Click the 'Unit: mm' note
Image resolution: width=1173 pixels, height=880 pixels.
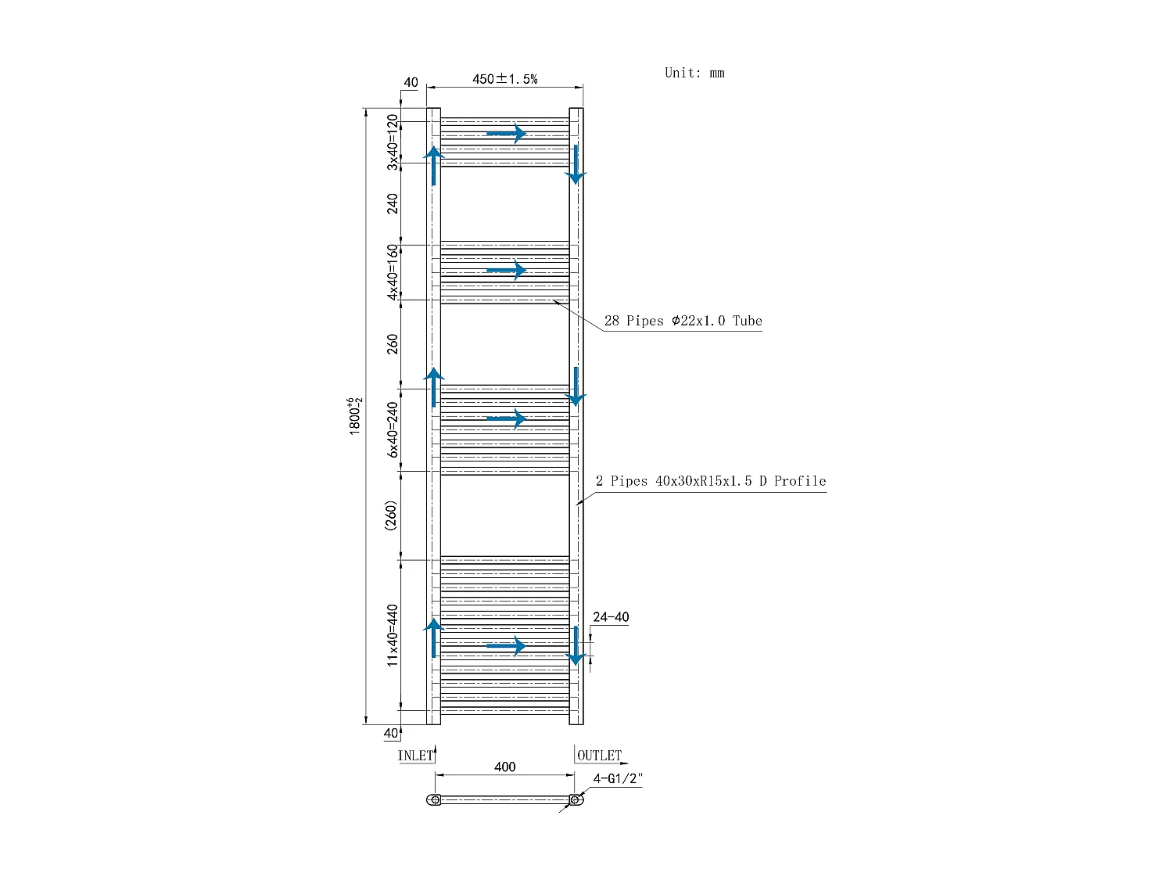tap(694, 73)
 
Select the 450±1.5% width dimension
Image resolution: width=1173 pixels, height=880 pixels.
tap(504, 79)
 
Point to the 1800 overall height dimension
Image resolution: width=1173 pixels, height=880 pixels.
tap(356, 416)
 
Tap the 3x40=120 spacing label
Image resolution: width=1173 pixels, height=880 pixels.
tap(393, 142)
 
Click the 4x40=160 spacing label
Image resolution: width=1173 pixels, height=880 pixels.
tap(393, 271)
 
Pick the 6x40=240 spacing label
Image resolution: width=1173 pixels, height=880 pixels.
tap(393, 430)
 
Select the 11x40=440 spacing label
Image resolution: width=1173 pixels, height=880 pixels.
tap(393, 634)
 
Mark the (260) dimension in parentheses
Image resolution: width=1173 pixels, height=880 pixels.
tap(391, 516)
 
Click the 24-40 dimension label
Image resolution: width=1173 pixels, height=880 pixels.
tap(611, 617)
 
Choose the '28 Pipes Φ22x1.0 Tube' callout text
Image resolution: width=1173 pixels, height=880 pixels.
tap(683, 321)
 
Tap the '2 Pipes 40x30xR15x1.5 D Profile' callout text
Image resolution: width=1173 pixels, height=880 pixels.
tap(710, 481)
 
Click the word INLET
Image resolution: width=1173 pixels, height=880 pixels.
tap(415, 756)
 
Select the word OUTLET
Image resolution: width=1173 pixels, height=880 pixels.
tap(599, 756)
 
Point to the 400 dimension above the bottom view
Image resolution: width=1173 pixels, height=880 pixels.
tap(505, 767)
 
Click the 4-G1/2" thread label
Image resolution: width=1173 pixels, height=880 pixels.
tap(618, 779)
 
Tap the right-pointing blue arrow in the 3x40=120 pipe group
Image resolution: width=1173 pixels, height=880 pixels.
tap(506, 134)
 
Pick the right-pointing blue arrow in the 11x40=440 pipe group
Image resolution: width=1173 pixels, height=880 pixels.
tap(506, 646)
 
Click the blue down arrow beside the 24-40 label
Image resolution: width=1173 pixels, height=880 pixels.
tap(576, 645)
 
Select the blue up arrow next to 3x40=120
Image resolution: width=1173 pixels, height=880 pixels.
tap(434, 165)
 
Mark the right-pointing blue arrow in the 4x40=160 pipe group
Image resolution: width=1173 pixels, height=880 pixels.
tap(506, 271)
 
